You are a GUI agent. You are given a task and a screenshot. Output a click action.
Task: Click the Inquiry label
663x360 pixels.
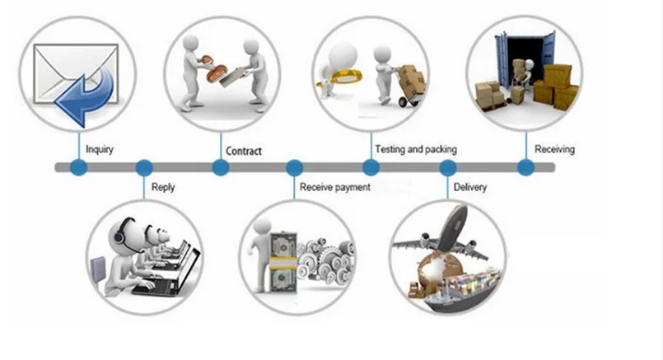point(100,150)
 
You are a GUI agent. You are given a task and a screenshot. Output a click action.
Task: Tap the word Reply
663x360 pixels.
point(163,188)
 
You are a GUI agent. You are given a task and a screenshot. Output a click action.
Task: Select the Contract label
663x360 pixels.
point(243,151)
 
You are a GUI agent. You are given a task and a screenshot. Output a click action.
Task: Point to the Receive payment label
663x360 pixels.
point(334,188)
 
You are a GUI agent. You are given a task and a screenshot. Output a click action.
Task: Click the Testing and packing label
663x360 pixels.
point(415,150)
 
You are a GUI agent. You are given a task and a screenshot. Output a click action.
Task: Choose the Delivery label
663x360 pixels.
point(470,188)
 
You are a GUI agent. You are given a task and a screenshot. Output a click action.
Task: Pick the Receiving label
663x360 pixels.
point(554,150)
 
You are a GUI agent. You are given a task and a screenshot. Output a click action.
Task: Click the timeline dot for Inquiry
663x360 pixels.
point(78,168)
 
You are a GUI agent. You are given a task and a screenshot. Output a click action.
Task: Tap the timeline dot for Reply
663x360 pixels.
point(144,168)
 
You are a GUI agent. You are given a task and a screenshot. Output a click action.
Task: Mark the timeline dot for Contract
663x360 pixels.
point(221,168)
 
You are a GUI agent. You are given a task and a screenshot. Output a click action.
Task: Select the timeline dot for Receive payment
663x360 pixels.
point(294,168)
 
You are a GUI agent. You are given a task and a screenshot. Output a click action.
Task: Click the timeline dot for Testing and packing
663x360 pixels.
point(371,168)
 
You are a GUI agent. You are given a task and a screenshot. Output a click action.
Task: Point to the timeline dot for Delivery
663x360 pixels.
point(448,168)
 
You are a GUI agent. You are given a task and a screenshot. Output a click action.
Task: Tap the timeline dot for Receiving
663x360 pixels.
point(525,168)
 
